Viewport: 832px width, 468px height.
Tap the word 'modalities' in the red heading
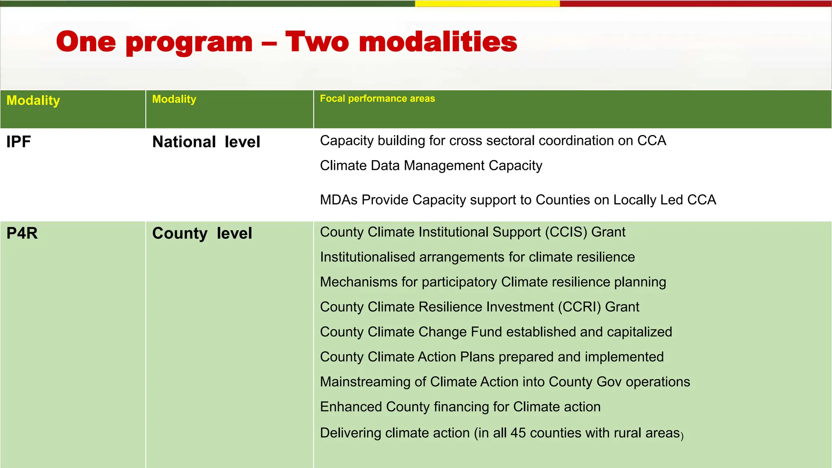[438, 42]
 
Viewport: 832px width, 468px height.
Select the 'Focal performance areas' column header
[377, 99]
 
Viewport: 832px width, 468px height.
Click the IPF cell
[19, 142]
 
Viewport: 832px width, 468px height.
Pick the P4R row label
[22, 233]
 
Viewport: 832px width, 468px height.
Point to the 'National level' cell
[206, 142]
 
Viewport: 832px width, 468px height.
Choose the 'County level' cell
[202, 233]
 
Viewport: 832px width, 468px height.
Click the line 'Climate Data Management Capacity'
[431, 166]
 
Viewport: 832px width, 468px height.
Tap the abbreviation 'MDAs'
[339, 200]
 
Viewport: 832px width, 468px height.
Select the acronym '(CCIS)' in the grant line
[566, 232]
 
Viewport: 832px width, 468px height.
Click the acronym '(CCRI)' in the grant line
[579, 307]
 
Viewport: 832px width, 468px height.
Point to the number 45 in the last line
[518, 433]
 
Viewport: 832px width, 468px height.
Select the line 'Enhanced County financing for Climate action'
[460, 407]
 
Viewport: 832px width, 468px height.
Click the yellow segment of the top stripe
[487, 3]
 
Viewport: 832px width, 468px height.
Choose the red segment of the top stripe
[695, 3]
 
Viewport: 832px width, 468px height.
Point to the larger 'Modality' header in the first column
[33, 100]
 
